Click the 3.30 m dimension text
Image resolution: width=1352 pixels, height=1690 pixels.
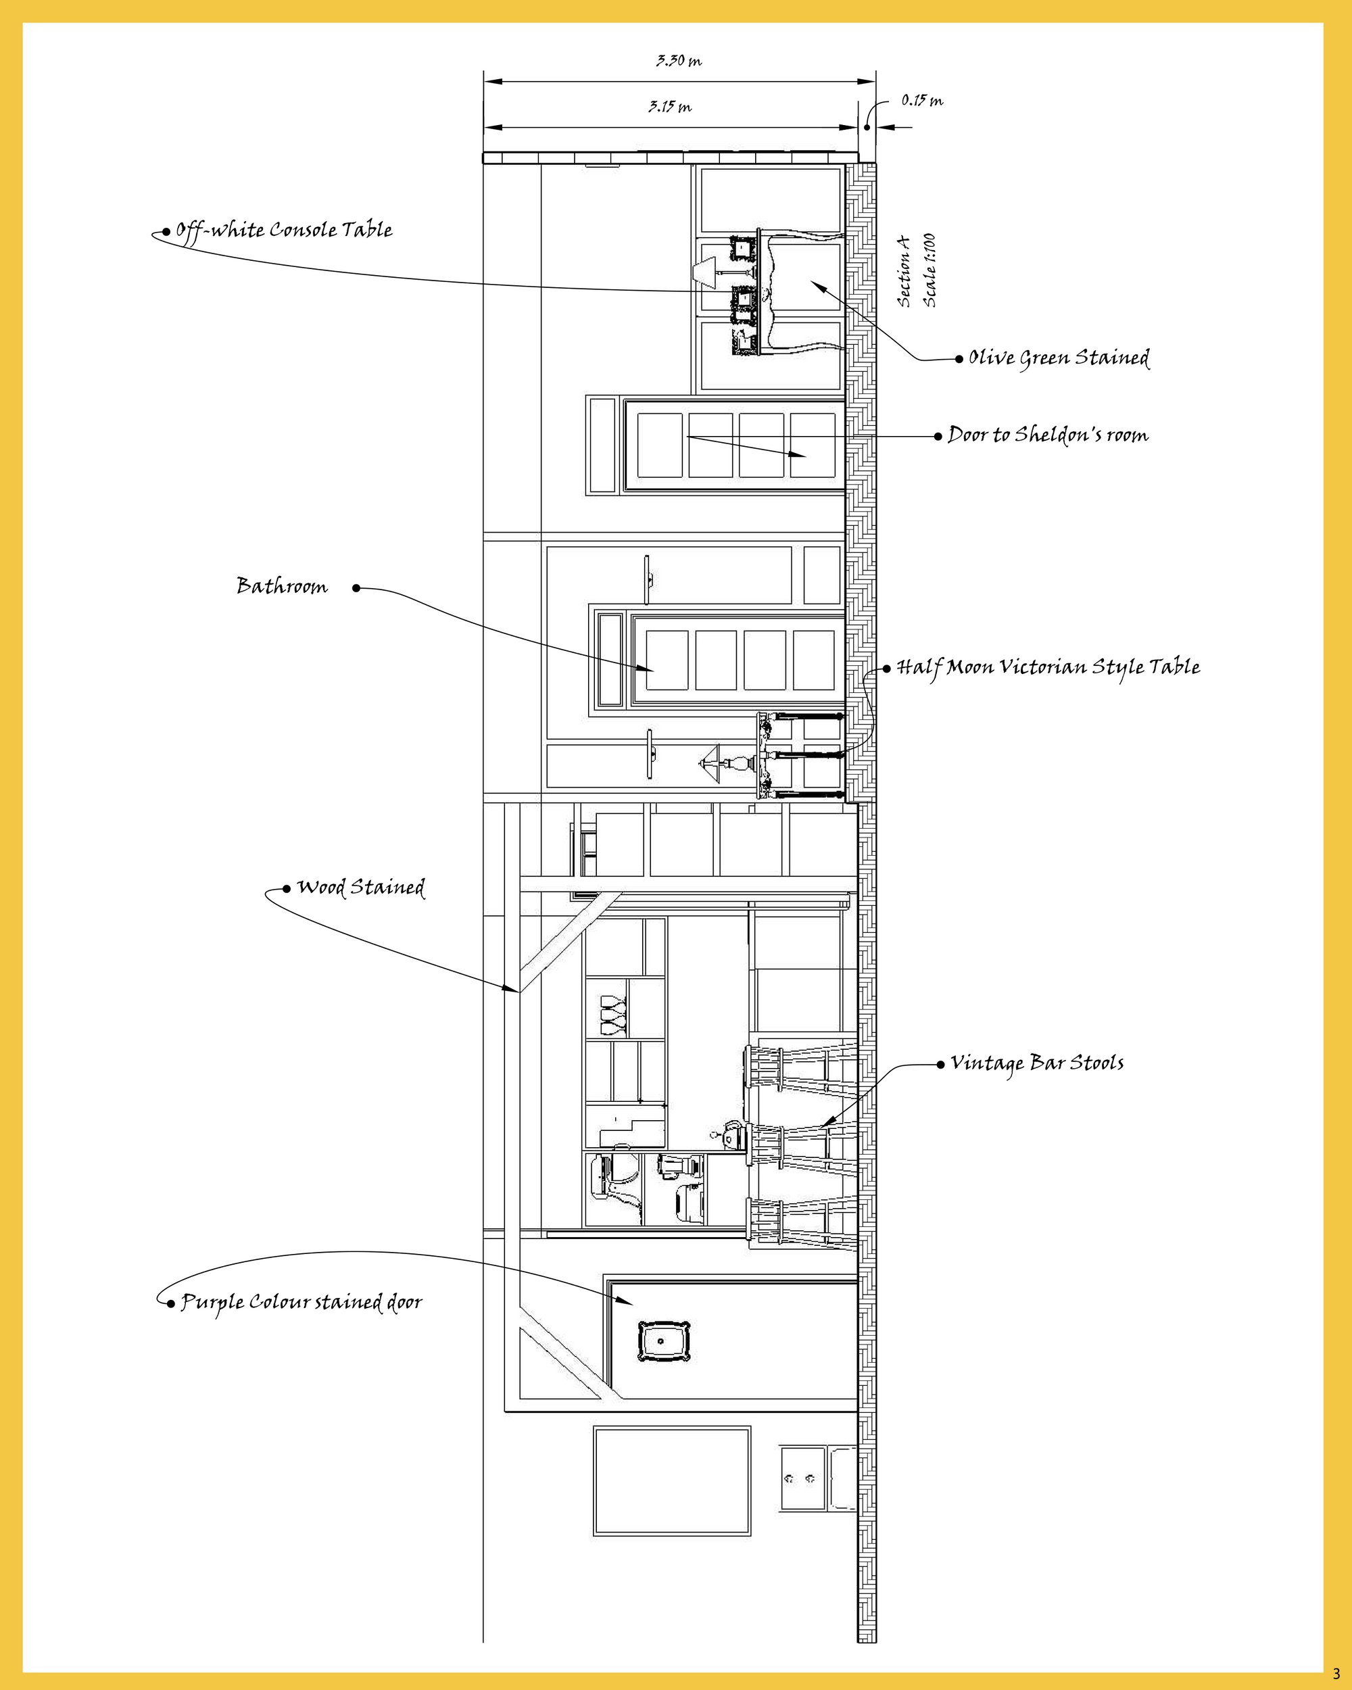pyautogui.click(x=679, y=60)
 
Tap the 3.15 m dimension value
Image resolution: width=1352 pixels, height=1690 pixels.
pyautogui.click(x=670, y=107)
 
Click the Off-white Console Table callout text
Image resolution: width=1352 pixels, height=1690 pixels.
pyautogui.click(x=283, y=231)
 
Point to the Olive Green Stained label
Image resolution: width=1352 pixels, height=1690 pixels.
pyautogui.click(x=1059, y=358)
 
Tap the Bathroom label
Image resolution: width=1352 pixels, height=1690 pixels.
pyautogui.click(x=282, y=586)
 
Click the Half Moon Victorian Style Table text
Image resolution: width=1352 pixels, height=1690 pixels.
pyautogui.click(x=1048, y=667)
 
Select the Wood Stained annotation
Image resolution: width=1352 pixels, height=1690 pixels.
pyautogui.click(x=360, y=888)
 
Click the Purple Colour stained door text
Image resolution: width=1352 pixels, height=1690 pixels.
pyautogui.click(x=301, y=1302)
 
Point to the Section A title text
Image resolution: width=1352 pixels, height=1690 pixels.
pyautogui.click(x=904, y=270)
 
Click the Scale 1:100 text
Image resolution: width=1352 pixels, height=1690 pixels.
pyautogui.click(x=930, y=270)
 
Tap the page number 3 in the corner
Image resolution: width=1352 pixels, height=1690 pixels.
pyautogui.click(x=1336, y=1672)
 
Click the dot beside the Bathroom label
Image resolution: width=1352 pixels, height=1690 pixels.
pyautogui.click(x=356, y=588)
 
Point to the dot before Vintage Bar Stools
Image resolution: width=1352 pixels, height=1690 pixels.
pyautogui.click(x=940, y=1065)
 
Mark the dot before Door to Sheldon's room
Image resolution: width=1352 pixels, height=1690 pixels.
pyautogui.click(x=938, y=436)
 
